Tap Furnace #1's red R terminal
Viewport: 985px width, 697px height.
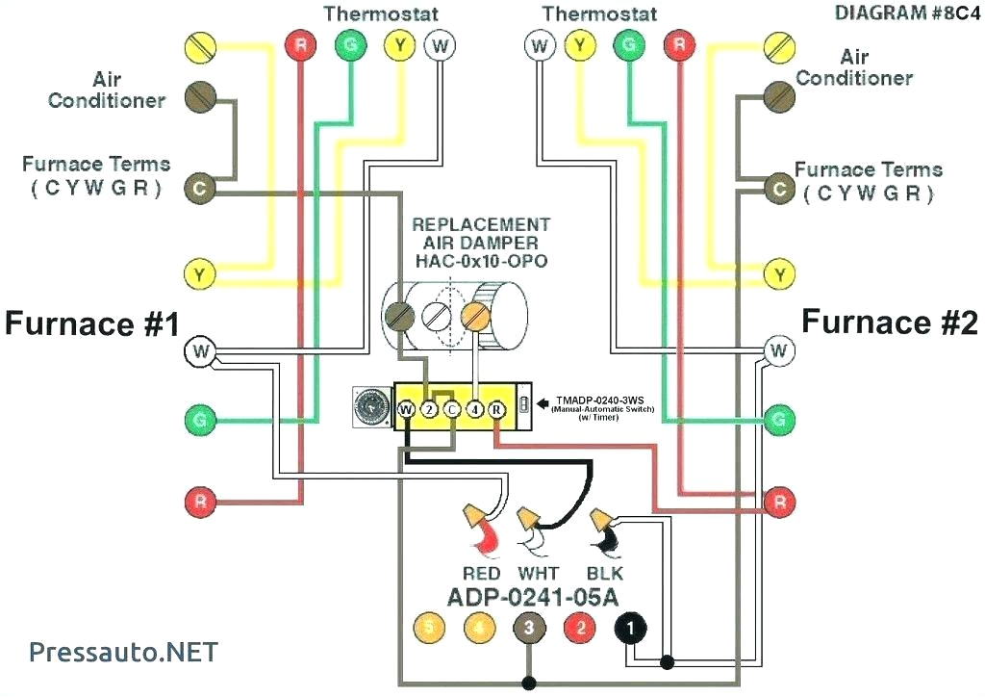199,500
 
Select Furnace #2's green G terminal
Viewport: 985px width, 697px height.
780,419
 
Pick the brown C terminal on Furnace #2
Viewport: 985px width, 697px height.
779,190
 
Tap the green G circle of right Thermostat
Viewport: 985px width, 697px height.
628,44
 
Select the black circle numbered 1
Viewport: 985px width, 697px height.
631,629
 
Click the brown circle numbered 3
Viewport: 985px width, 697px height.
529,629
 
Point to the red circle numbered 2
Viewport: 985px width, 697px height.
580,629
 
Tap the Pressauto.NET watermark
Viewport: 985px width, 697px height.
123,652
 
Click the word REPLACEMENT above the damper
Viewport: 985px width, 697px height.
481,224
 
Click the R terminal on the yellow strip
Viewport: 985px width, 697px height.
497,409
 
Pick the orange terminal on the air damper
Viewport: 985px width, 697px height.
476,315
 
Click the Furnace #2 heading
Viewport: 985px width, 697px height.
889,323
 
